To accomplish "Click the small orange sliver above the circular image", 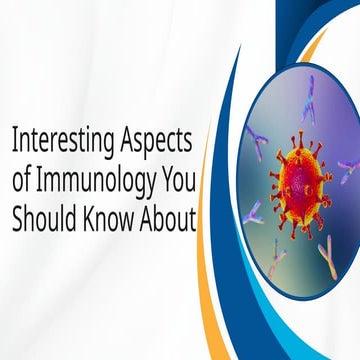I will coord(318,42).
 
